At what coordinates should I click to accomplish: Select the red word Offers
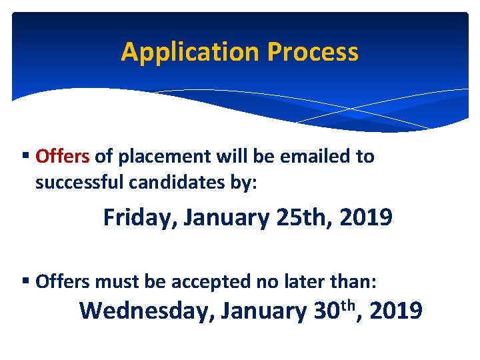point(62,157)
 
